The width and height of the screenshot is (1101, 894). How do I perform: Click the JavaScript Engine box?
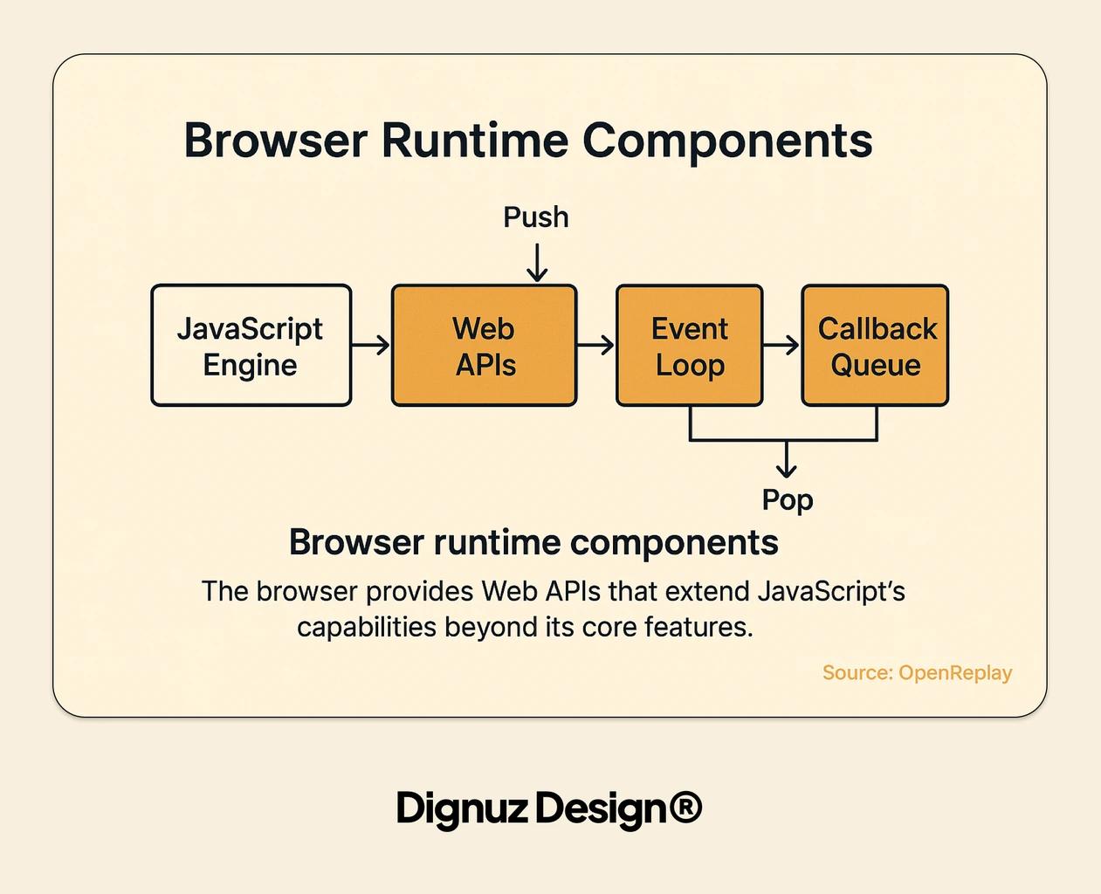pos(251,346)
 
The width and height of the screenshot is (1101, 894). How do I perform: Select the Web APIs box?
pos(485,346)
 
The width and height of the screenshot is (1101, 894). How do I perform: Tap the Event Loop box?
pos(690,346)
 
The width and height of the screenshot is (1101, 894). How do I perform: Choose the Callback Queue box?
pos(875,346)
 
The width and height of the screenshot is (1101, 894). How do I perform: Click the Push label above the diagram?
pos(535,217)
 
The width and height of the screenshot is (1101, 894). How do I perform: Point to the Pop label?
pos(788,500)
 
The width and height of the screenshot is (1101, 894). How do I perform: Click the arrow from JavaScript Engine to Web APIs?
pos(371,346)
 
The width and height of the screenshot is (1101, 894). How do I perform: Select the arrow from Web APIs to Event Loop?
pos(596,346)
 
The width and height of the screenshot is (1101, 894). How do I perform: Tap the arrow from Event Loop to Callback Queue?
pos(781,346)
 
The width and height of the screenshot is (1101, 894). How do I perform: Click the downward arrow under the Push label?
pos(537,263)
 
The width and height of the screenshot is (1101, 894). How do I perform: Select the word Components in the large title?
pos(727,141)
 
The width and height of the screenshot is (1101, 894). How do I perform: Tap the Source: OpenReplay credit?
pos(917,673)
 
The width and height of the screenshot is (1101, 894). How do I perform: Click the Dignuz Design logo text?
pos(533,808)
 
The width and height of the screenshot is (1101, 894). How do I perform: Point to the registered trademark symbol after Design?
pos(685,808)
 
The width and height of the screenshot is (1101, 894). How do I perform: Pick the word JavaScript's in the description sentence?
pos(831,592)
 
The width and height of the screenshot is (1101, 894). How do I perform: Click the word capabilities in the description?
pos(367,628)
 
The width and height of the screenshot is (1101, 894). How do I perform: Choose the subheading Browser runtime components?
pos(533,543)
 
